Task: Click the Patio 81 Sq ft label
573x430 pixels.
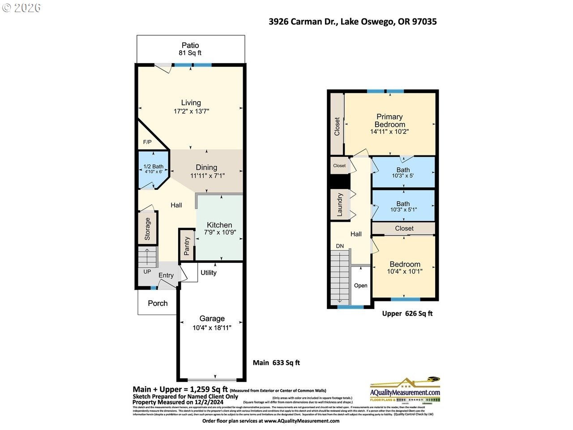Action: coord(190,49)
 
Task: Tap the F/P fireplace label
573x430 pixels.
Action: coord(147,142)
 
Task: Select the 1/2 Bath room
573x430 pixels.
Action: coord(153,169)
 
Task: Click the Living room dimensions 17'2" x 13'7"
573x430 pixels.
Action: coord(191,111)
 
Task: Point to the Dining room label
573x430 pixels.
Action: coord(206,168)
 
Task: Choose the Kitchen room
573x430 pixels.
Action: coord(219,228)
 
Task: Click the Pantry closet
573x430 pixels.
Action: coord(187,245)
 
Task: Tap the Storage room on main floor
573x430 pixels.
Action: coord(147,229)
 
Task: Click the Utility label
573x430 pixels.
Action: coord(209,272)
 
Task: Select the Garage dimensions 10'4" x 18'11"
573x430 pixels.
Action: coord(212,328)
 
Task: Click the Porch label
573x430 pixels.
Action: coord(158,303)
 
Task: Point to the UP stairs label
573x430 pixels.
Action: coord(147,271)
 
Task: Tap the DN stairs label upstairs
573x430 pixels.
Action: coord(340,246)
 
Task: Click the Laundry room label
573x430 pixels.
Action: coord(339,205)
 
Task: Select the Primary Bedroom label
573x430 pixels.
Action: coord(389,120)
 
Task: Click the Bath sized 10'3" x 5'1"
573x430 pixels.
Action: coord(403,206)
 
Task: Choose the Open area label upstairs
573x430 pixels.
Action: coord(360,285)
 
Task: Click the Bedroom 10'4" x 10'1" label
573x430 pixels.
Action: coord(405,267)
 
